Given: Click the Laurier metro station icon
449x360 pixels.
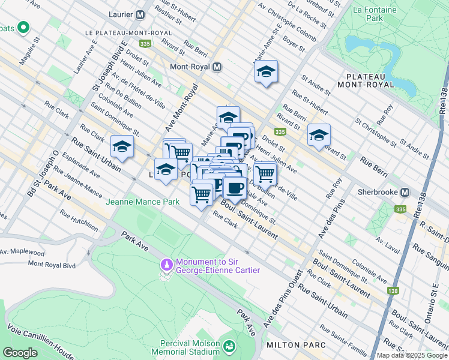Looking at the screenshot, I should pos(140,14).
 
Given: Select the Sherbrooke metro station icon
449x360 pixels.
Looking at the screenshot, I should pos(405,193).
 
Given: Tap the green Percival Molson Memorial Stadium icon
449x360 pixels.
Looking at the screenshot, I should pos(229,346).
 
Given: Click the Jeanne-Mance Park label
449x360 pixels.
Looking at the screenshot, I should pos(143,202).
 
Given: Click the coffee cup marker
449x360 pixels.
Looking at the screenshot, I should pos(234,188).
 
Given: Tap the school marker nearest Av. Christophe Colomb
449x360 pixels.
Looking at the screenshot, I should pos(265,72).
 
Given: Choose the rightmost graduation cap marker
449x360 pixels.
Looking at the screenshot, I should pos(319,136).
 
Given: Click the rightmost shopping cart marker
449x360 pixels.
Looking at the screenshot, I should pos(265,173).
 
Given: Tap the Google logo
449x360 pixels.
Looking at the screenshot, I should pos(20,353).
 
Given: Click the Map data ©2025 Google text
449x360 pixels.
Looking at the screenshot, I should pos(412,355).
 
